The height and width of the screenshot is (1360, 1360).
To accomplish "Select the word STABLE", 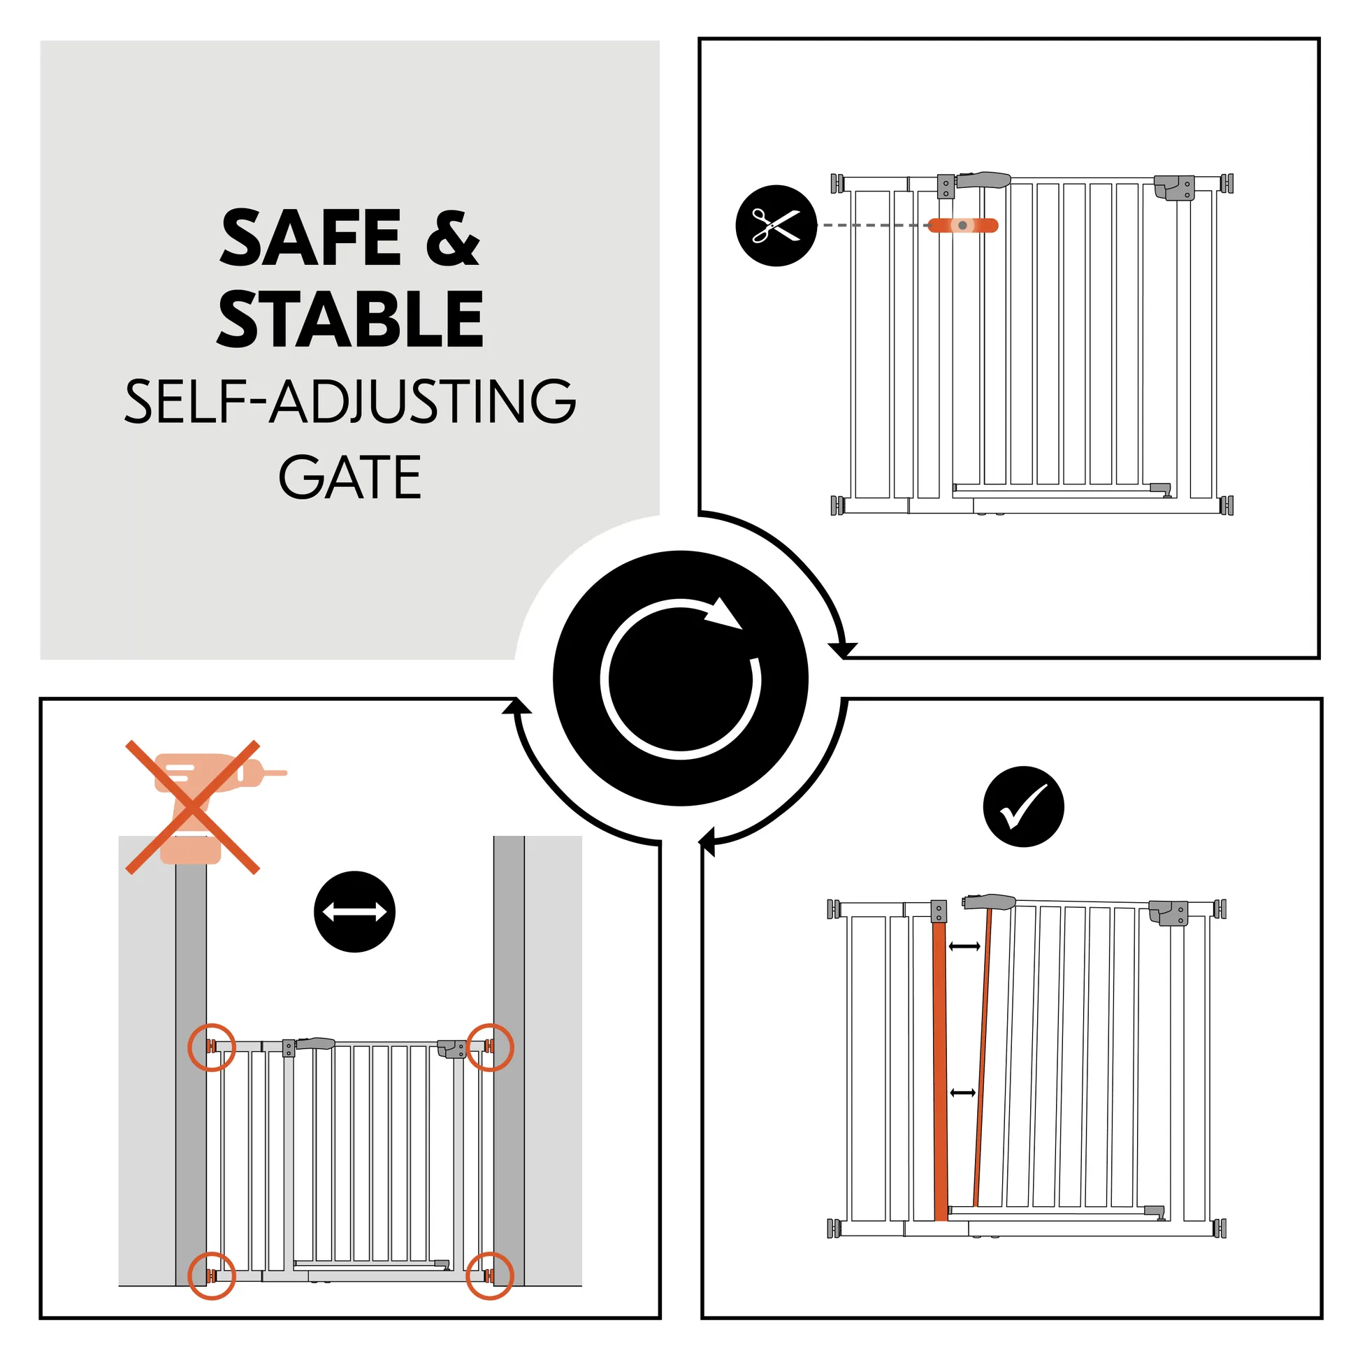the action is click(350, 319).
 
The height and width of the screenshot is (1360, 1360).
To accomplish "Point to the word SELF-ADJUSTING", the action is click(350, 400).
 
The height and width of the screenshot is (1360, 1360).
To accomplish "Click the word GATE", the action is click(350, 477).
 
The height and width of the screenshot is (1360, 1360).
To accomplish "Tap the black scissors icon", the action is click(776, 225).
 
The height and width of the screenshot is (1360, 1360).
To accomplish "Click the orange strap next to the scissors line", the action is click(962, 225).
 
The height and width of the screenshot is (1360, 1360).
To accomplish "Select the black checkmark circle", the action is click(1023, 806).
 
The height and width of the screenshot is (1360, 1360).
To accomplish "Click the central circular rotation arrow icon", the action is click(680, 678).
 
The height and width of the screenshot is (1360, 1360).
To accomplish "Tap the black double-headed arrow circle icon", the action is click(354, 911).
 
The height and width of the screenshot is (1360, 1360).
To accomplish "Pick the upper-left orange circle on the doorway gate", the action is click(211, 1047).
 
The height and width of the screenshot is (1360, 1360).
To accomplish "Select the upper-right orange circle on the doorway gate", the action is click(490, 1047).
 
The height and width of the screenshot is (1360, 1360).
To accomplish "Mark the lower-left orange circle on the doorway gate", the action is click(211, 1275).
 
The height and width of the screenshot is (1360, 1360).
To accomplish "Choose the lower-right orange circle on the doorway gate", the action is click(490, 1275).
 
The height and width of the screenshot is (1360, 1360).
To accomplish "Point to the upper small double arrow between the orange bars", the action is click(964, 946).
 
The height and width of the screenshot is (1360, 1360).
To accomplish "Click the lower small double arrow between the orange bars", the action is click(962, 1092).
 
